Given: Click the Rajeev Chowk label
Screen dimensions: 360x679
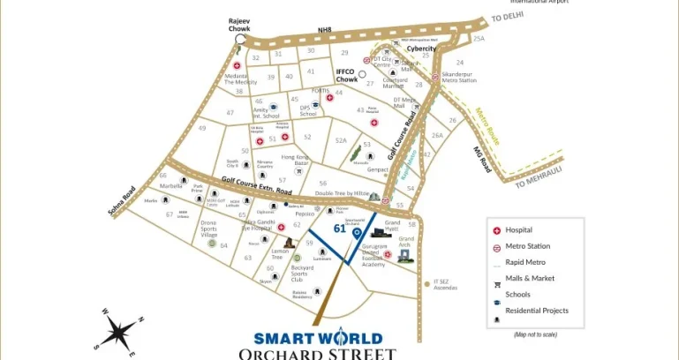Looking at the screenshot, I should point(239,25).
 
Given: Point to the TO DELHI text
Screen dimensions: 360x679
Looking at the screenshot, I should point(508,18).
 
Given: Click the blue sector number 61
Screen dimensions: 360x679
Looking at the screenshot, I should point(339,228).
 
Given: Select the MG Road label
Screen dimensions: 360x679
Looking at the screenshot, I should point(481,159).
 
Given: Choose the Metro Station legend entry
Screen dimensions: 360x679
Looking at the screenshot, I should point(528,246).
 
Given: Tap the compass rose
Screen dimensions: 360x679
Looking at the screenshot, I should point(117,332).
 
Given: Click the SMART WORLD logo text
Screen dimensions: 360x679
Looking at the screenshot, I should point(318,338).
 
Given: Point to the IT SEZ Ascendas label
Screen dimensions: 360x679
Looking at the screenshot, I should point(446,286).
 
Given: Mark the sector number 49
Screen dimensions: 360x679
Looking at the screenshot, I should point(202,128).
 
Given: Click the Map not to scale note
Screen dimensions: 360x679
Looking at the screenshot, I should point(537,334).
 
